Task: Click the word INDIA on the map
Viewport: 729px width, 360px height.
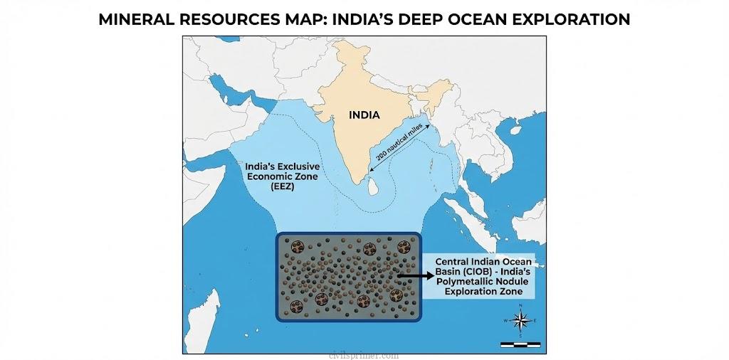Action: pos(364,115)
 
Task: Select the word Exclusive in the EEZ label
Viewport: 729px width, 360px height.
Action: pos(293,166)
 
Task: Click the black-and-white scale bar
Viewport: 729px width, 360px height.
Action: pos(520,344)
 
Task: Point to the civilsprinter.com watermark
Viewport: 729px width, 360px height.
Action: pos(364,354)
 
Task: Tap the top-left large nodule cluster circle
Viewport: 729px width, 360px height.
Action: pos(296,248)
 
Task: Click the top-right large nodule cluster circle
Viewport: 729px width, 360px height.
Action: pos(404,248)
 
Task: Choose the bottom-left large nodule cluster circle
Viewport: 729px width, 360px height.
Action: pos(320,299)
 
